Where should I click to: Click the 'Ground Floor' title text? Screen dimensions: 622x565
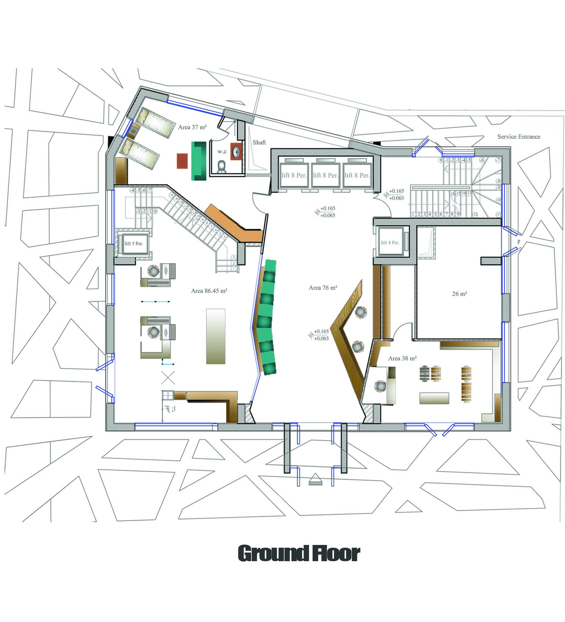click(299, 554)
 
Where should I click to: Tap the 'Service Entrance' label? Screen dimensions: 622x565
click(519, 136)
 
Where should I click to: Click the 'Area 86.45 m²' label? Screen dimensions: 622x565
click(209, 291)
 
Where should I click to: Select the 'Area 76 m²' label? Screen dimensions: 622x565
click(323, 288)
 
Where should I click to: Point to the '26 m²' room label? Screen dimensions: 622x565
click(459, 294)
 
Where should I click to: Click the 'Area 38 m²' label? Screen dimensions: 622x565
click(402, 358)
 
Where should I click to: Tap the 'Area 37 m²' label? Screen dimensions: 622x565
click(192, 127)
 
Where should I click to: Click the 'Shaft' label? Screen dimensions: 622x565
click(259, 142)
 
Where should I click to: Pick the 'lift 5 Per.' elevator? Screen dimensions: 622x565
click(134, 243)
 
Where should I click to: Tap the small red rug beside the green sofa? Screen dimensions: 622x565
click(182, 161)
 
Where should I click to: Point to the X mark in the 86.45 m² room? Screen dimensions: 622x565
click(168, 377)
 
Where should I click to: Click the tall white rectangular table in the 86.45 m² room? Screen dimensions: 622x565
click(216, 336)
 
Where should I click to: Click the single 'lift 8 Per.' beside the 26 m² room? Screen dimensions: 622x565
click(390, 243)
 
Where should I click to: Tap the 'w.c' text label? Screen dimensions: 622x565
click(221, 151)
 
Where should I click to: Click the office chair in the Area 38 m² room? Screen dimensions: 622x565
click(380, 386)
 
